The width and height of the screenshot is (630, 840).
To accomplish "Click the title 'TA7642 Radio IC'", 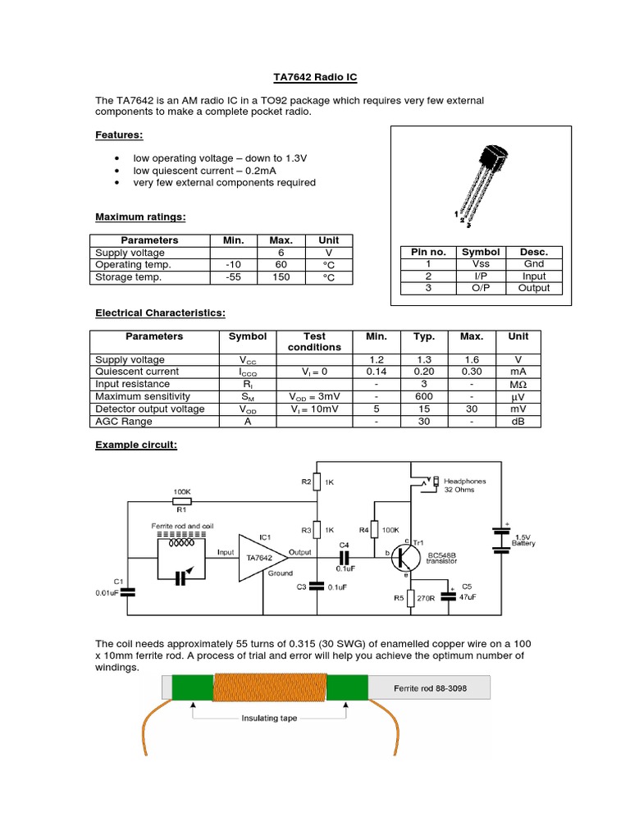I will coord(315,78).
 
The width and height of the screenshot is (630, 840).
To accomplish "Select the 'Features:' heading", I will coord(119,135).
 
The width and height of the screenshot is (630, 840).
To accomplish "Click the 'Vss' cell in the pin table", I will coord(481,264).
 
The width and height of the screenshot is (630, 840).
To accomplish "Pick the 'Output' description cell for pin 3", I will coord(534,288).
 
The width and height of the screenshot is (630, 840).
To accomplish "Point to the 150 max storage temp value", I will coord(281,277).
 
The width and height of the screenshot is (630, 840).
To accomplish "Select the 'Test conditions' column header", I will coord(314,342).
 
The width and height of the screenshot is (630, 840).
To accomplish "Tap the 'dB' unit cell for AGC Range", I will coord(518,421).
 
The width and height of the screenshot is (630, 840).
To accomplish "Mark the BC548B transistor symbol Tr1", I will coord(406,558).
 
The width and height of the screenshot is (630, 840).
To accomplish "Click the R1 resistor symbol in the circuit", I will coord(181,501).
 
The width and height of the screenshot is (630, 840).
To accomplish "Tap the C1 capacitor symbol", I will coord(126,589).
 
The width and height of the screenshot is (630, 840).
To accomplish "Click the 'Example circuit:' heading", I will coord(136,445).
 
